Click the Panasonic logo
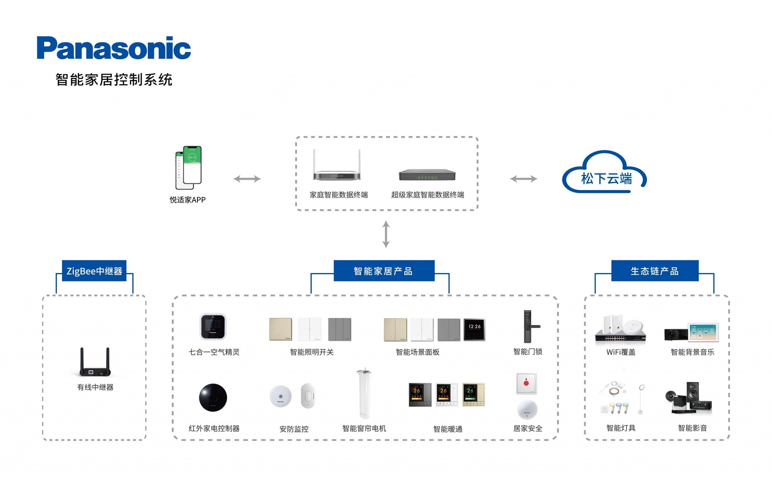[x=113, y=48]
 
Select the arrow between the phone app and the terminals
[x=247, y=179]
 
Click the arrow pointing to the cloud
[x=524, y=179]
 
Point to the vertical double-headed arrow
[x=386, y=234]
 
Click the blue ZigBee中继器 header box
[x=94, y=271]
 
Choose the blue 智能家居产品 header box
[x=384, y=271]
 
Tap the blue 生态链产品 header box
[x=654, y=271]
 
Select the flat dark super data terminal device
[x=427, y=175]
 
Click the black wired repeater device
[x=95, y=363]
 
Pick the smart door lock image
[x=528, y=327]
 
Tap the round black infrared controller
[x=213, y=397]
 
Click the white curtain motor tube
[x=364, y=394]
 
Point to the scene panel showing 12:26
[x=474, y=330]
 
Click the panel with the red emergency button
[x=526, y=384]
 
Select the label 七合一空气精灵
[x=214, y=352]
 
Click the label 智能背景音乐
[x=692, y=352]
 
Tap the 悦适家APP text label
[x=187, y=200]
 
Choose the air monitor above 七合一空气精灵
[x=213, y=327]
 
